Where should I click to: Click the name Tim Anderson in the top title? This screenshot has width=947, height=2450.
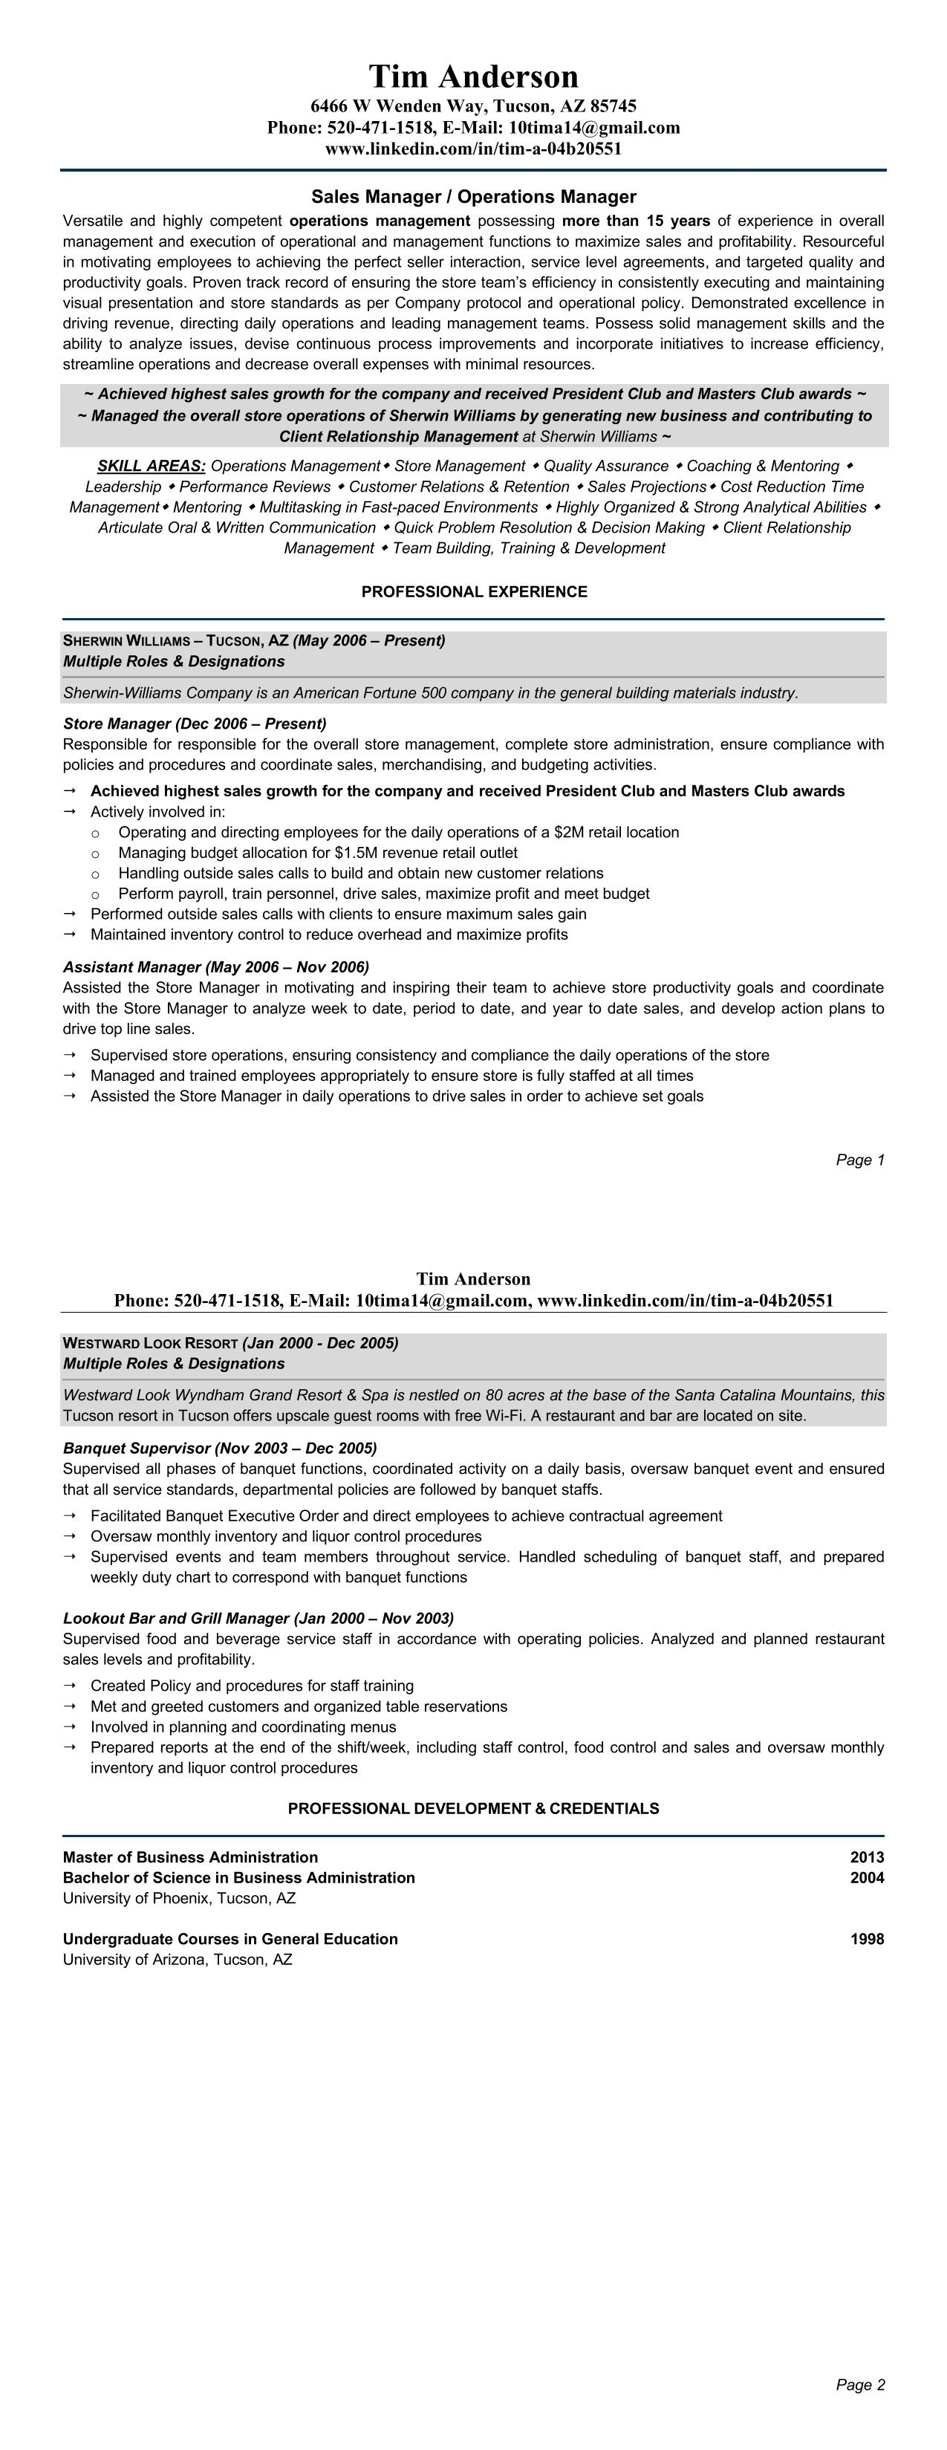(474, 76)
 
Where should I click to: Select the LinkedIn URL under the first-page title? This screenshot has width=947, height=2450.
(474, 149)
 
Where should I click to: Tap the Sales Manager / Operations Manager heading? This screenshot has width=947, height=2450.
(474, 197)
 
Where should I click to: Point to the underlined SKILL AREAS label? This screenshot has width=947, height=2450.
(152, 466)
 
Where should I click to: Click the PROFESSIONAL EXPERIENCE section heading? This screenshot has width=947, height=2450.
(474, 591)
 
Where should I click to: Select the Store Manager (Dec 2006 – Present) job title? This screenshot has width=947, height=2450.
(195, 724)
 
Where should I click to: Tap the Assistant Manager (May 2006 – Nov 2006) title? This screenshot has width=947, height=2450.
(216, 967)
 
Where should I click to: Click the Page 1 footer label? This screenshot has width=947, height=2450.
(859, 1160)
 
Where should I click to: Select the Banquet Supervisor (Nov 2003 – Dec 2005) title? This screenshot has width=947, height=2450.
(220, 1449)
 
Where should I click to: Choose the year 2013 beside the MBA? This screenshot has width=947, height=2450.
(866, 1857)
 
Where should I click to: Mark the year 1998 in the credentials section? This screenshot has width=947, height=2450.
(866, 1939)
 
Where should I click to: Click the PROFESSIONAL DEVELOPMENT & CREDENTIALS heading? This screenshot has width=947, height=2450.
(474, 1809)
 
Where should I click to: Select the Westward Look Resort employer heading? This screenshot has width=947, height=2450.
(150, 1343)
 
